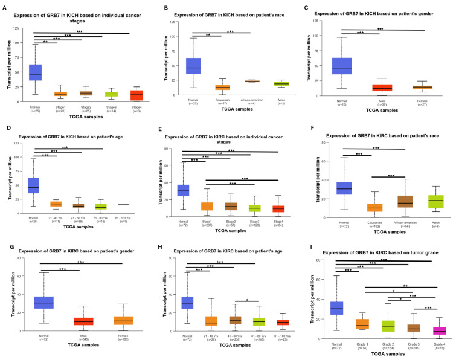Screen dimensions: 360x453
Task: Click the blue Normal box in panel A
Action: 35,72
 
